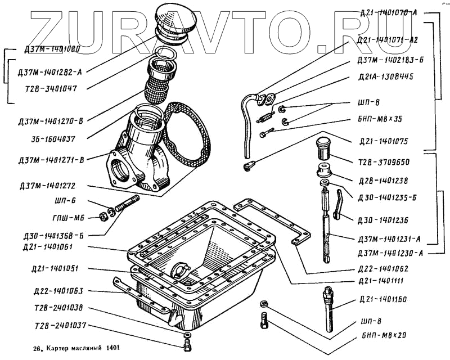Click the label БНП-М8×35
(x=388, y=120)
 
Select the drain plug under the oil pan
(x=188, y=340)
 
